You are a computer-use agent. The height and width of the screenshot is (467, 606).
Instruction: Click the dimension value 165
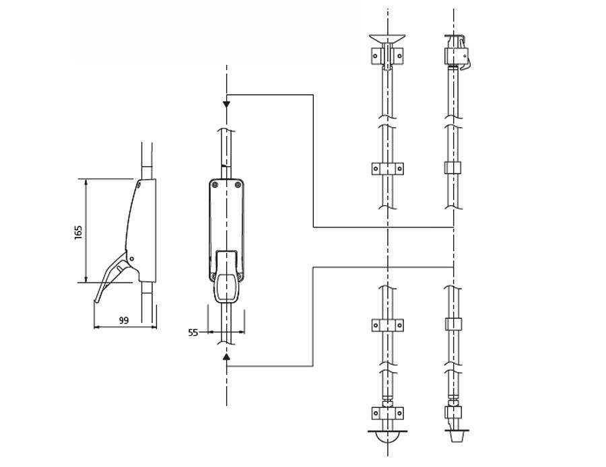pos(78,231)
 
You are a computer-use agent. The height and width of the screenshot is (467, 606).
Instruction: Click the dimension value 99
pos(123,320)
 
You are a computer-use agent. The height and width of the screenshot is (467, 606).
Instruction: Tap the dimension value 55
pos(193,332)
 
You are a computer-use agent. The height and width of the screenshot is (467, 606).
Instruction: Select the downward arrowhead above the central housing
pos(226,104)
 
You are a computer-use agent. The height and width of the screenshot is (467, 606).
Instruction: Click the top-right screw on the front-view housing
pos(238,183)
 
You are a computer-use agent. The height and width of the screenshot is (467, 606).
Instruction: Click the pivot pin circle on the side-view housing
pos(132,258)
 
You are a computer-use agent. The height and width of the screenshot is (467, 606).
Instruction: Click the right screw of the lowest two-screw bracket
pos(399,412)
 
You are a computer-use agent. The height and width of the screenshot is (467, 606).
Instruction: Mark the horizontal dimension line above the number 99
pos(125,328)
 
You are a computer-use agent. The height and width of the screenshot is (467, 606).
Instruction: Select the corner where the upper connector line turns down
pos(313,95)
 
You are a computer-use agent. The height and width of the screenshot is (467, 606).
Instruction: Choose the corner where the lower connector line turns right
pos(313,267)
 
